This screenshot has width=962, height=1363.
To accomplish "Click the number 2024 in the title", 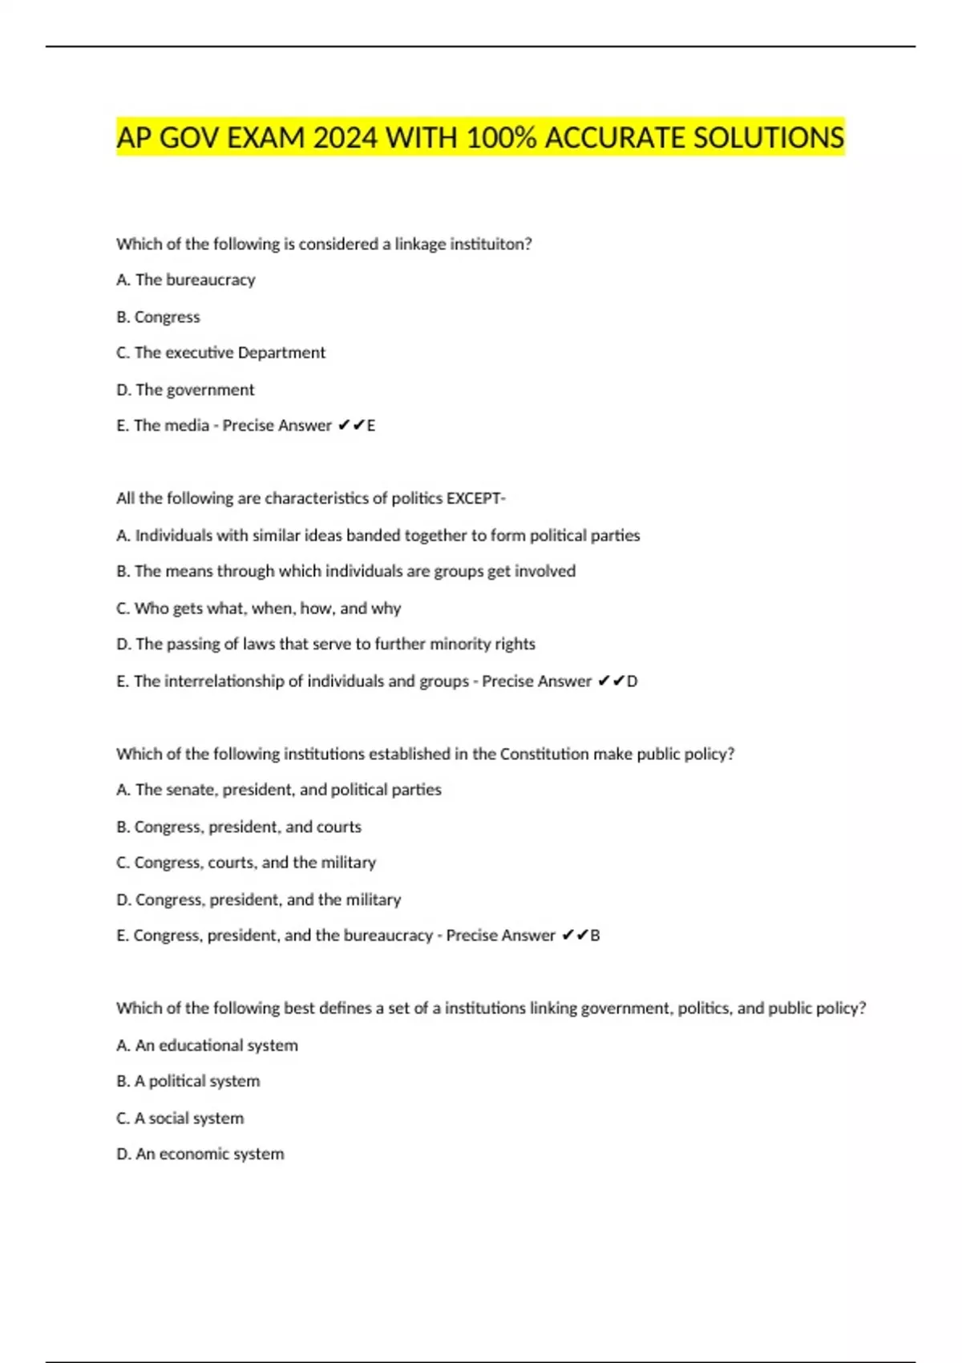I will (x=345, y=138).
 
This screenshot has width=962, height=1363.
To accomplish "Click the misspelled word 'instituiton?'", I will (x=490, y=244).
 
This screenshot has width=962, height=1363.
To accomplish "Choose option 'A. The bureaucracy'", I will (x=186, y=280).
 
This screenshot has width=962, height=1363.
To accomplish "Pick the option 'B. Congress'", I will (x=159, y=317).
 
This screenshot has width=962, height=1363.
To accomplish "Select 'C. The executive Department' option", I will (x=221, y=353).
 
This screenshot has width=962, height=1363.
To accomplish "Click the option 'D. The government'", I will (x=185, y=390).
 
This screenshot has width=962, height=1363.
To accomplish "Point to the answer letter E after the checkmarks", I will (x=371, y=426).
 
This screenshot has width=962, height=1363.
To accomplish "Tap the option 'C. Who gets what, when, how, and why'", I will (x=259, y=609).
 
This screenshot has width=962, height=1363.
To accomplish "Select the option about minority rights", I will (x=326, y=644).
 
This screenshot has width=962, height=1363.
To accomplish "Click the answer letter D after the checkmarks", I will (x=633, y=681).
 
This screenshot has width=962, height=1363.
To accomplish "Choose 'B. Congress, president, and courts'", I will (x=239, y=827).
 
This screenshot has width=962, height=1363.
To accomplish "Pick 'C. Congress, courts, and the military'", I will (x=246, y=863).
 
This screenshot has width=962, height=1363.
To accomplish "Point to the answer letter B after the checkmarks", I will (x=595, y=936).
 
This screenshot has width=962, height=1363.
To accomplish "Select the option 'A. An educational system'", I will (x=207, y=1046).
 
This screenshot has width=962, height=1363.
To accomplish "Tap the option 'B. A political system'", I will (x=188, y=1082).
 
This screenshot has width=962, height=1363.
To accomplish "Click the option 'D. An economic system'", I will (x=200, y=1154).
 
